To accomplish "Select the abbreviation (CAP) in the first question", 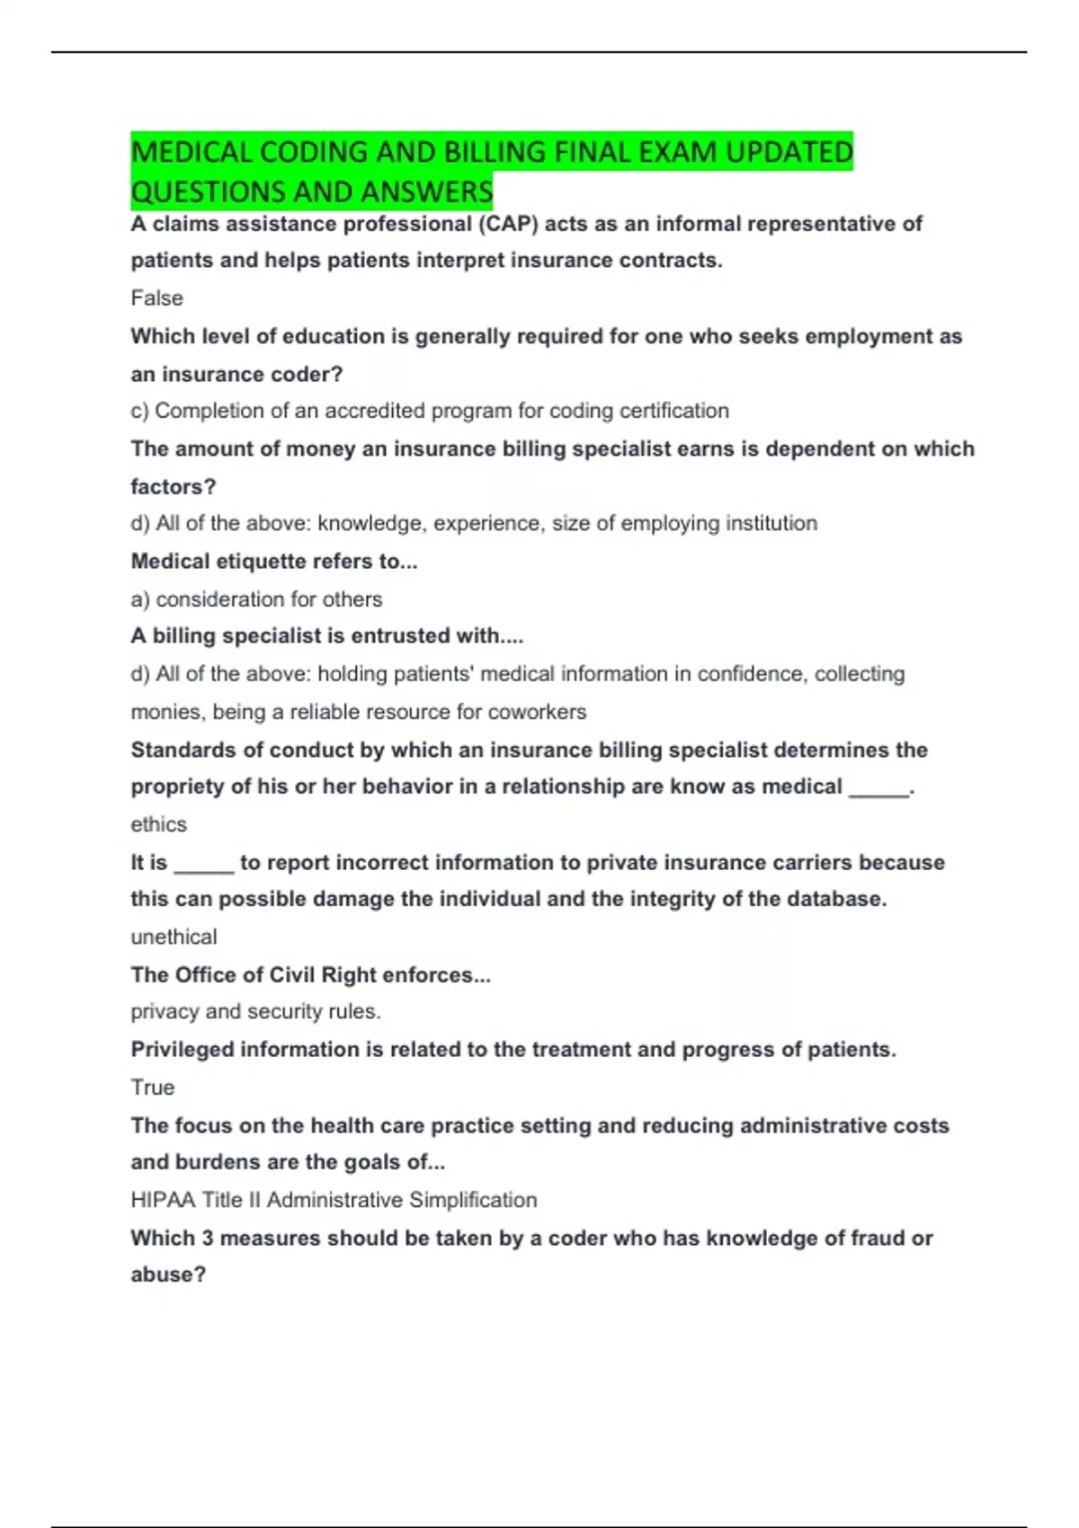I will point(507,224).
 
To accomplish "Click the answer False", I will point(156,298).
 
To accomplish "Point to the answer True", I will point(152,1088).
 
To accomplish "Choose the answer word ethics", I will point(158,824).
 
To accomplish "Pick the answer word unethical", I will point(174,937).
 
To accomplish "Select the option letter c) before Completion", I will point(139,411).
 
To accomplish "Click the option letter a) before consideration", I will point(139,600).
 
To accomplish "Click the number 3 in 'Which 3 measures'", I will point(207,1239).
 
